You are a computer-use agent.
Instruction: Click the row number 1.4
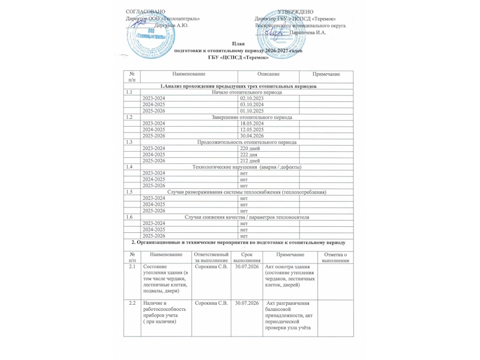[x=129, y=167]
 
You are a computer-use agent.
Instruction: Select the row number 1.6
[x=129, y=217]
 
